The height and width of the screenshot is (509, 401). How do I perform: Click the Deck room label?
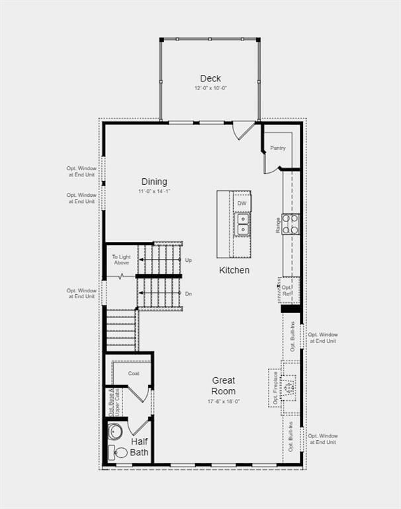click(210, 78)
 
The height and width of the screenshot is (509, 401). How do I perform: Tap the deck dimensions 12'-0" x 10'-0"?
click(210, 88)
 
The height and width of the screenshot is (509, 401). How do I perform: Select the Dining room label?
click(154, 182)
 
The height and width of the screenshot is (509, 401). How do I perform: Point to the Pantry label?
click(278, 148)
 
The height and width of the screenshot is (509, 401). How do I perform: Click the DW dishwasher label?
click(242, 203)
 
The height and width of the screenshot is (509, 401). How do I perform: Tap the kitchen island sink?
click(243, 224)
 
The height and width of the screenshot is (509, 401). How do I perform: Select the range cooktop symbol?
click(290, 224)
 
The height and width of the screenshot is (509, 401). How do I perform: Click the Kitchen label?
click(235, 270)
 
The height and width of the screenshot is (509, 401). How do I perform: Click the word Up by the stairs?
click(189, 260)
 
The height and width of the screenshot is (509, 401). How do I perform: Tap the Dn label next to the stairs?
click(189, 294)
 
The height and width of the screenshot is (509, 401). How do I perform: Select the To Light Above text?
click(121, 260)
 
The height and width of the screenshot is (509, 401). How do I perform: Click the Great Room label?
click(224, 386)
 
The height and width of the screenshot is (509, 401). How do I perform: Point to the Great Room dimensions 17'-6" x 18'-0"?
click(224, 401)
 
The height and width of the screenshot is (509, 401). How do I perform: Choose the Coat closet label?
click(134, 373)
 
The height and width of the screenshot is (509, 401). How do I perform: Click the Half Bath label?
click(140, 447)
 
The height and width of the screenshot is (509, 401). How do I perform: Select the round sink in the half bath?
click(115, 431)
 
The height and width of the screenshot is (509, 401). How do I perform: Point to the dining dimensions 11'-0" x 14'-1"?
click(154, 192)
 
